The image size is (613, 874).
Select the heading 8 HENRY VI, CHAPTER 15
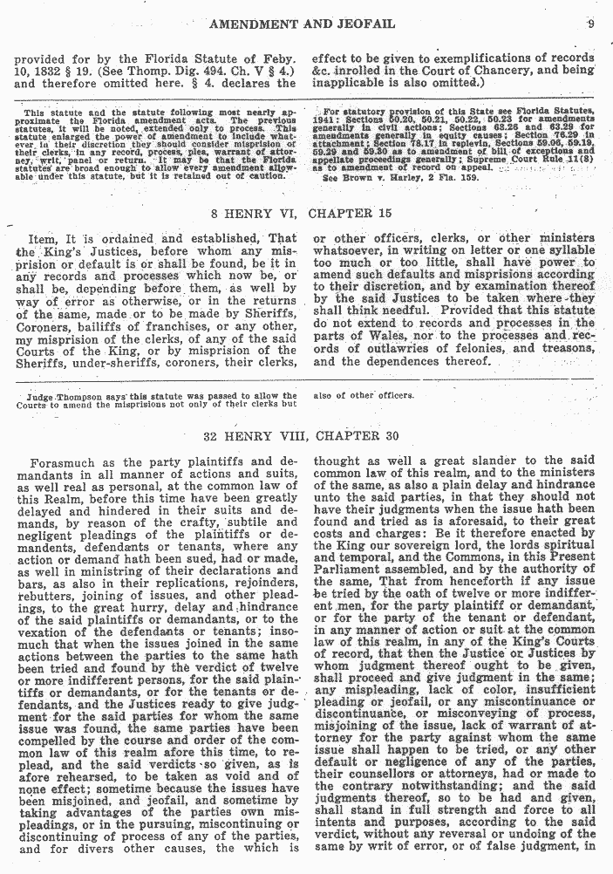click(304, 212)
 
